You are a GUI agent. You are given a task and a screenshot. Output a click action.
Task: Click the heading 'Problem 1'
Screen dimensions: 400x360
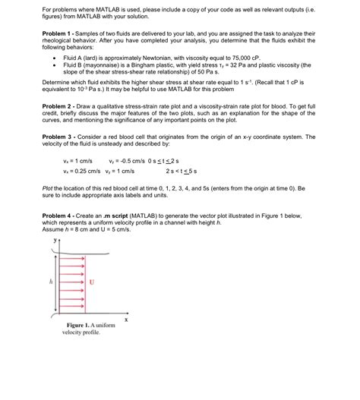59,34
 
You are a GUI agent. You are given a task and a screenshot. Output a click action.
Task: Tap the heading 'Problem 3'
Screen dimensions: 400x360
59,137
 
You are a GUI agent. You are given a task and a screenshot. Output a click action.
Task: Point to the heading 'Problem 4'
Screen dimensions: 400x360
59,216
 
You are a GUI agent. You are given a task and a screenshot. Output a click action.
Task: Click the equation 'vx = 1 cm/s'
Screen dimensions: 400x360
77,162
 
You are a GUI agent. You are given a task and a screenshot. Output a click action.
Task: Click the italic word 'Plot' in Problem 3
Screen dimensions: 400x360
49,185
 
